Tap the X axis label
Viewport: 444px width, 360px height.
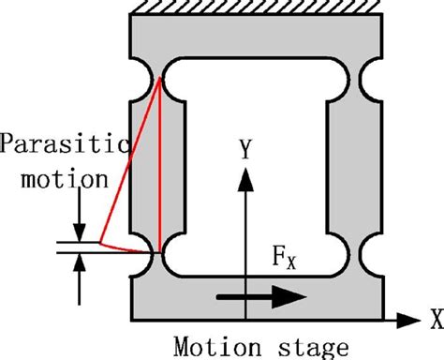pos(433,320)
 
